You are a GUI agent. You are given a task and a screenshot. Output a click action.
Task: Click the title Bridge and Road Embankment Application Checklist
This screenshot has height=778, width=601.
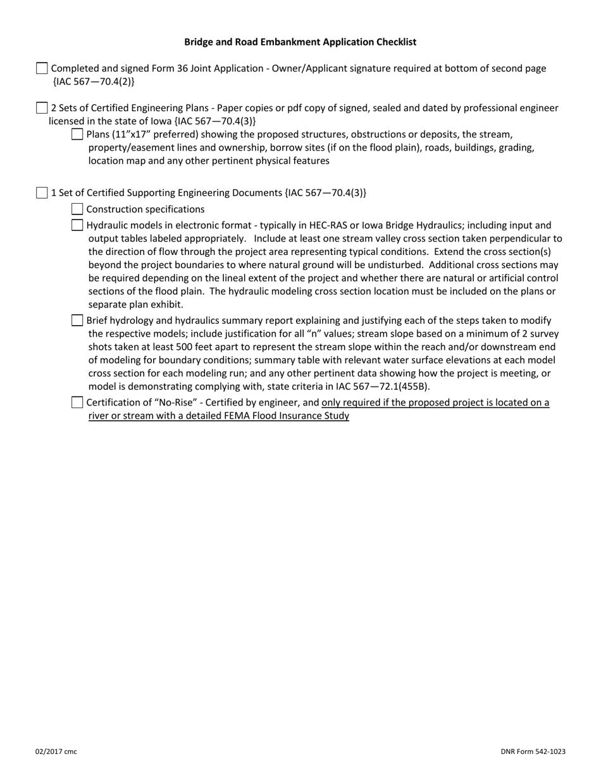click(x=300, y=42)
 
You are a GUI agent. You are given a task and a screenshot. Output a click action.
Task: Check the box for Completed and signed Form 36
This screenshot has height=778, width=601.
click(x=42, y=68)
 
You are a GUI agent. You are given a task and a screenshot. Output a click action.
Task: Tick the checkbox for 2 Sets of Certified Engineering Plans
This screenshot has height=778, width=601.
click(x=42, y=108)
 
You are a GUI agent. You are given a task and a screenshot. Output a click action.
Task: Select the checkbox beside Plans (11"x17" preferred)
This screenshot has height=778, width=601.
click(x=77, y=134)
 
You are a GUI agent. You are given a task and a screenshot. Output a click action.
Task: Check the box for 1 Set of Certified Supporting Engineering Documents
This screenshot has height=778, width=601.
click(x=42, y=193)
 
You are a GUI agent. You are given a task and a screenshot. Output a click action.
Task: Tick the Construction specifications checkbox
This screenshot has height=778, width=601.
click(x=77, y=209)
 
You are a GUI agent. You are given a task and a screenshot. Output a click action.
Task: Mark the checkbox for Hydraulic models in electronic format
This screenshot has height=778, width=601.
click(x=77, y=225)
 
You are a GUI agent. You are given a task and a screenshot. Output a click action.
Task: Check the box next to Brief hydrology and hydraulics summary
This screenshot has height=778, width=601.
click(x=77, y=320)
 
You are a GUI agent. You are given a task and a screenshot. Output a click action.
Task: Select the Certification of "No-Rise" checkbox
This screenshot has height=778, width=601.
click(x=77, y=402)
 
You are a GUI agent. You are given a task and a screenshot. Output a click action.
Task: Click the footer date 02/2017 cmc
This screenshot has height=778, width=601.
click(x=56, y=751)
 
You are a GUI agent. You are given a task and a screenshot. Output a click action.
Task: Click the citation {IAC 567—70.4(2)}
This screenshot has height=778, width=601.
click(x=94, y=82)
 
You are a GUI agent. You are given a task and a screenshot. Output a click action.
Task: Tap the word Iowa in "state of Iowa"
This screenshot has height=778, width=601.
click(x=159, y=121)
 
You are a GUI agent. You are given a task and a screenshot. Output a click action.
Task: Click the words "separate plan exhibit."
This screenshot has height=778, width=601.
click(x=135, y=304)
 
